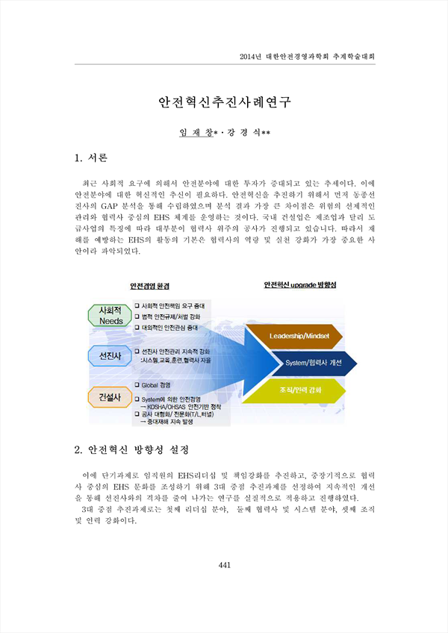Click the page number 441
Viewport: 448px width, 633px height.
click(x=224, y=565)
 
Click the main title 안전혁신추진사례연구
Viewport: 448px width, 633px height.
click(x=224, y=102)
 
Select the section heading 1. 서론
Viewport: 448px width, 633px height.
click(x=91, y=158)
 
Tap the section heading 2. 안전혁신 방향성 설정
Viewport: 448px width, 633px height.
click(x=131, y=449)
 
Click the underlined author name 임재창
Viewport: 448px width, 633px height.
click(x=196, y=132)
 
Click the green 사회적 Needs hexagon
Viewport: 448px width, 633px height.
click(x=111, y=315)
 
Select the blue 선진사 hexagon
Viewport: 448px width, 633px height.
click(x=111, y=355)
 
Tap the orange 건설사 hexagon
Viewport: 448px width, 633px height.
click(x=111, y=397)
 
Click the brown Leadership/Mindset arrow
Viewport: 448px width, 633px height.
click(x=294, y=336)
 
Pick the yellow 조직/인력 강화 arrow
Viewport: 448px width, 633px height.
click(x=294, y=390)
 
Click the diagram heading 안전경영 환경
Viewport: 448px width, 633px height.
click(x=149, y=286)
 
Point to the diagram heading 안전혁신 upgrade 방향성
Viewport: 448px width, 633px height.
click(x=299, y=285)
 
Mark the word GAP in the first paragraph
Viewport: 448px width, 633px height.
click(x=109, y=206)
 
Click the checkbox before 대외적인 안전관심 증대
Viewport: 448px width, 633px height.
click(x=137, y=328)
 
